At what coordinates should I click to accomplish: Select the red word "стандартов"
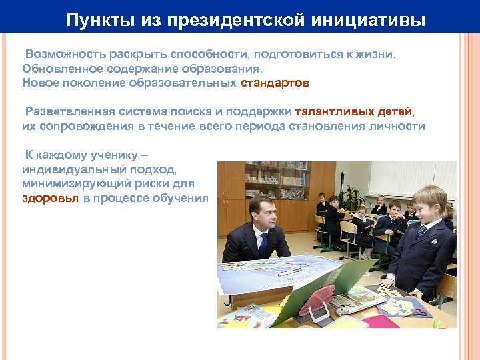pyautogui.click(x=275, y=83)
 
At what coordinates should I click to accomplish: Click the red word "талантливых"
pyautogui.click(x=325, y=111)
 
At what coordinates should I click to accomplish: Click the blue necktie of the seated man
pyautogui.click(x=263, y=244)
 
